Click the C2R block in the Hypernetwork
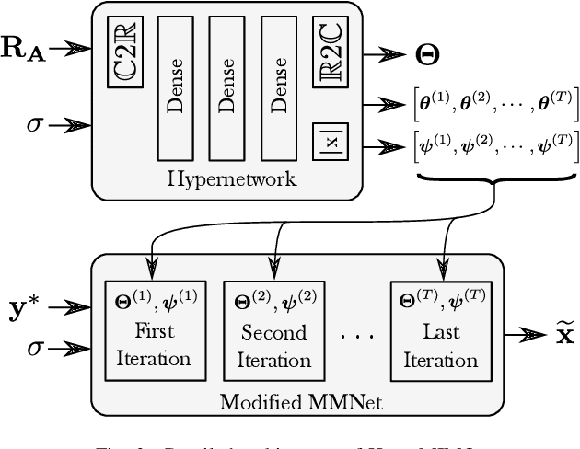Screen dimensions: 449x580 123,52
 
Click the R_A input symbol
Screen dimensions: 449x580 25,47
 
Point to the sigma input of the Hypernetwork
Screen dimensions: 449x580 35,122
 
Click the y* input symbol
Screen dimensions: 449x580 32,309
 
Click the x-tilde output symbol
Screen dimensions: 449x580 551,335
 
